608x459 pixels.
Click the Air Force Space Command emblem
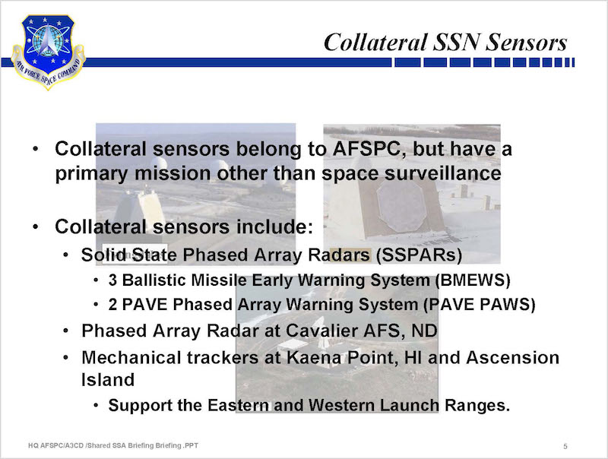tap(48, 52)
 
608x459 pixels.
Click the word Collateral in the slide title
tap(375, 43)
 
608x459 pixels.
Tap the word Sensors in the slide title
tap(526, 43)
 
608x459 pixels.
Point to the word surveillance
tap(443, 173)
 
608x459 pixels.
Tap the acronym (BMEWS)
tap(472, 280)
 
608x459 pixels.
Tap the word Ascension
tap(512, 357)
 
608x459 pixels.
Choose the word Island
tap(108, 380)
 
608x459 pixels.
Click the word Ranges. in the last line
tap(477, 406)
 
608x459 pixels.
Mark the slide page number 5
tap(565, 447)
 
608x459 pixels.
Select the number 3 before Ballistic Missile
tap(112, 280)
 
